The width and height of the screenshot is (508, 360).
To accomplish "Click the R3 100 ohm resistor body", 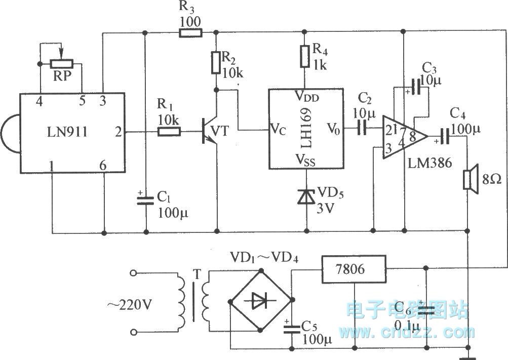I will (x=190, y=33).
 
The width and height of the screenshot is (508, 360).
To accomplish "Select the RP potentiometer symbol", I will (x=61, y=64).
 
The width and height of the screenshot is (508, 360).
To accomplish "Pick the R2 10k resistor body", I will (x=217, y=62).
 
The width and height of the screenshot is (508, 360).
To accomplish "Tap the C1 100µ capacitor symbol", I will (x=146, y=198).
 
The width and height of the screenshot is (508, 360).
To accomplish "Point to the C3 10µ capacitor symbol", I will (x=416, y=88).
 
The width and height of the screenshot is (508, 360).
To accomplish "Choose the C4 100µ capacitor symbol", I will (x=445, y=136).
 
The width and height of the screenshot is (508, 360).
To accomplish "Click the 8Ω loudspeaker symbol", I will (x=468, y=180).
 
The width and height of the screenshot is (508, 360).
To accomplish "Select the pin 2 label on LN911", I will (x=118, y=133).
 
